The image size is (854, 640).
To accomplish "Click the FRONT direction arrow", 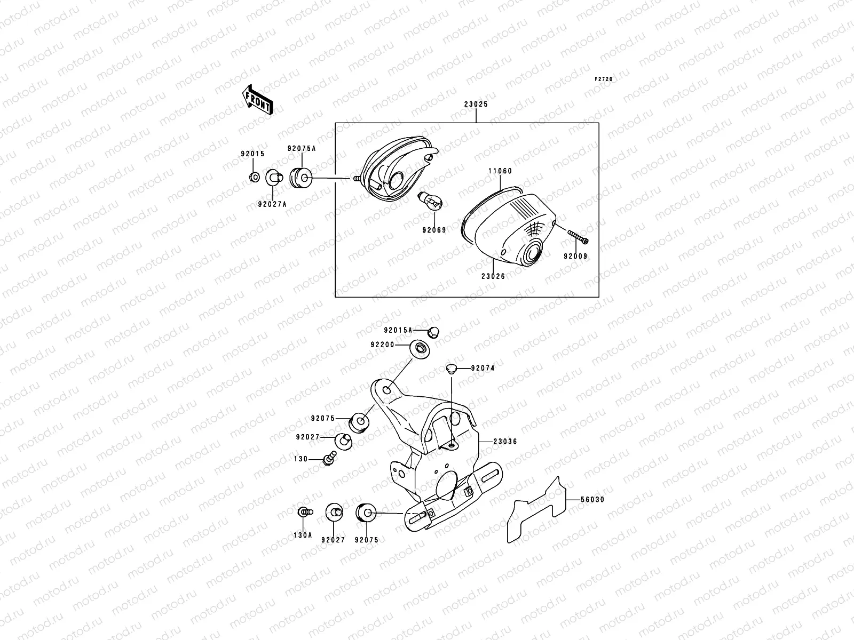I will [x=258, y=100].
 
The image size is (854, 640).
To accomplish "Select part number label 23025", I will [x=476, y=105].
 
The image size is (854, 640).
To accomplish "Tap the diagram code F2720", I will [x=604, y=79].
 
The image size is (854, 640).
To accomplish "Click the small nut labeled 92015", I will [x=255, y=177].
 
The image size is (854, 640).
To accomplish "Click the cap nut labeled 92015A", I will [x=433, y=332].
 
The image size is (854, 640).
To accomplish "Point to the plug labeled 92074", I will [x=451, y=368].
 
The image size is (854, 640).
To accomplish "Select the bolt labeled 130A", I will [x=304, y=512].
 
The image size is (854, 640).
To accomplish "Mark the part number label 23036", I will [x=505, y=442].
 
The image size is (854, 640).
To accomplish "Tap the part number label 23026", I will [x=493, y=276].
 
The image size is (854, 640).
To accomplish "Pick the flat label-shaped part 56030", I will [x=536, y=509].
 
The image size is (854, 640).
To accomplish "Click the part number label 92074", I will [x=483, y=368].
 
